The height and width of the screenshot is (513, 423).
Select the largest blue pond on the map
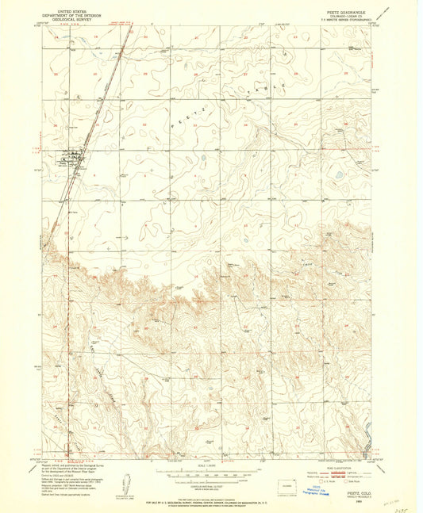(340, 174)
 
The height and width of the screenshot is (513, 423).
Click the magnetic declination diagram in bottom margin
(125, 482)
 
